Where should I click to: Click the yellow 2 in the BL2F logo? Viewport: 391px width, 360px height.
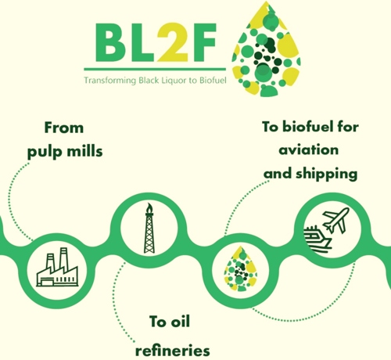[172, 42]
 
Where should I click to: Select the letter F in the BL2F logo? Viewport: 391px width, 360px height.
[203, 43]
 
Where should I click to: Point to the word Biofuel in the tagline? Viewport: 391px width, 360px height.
[213, 80]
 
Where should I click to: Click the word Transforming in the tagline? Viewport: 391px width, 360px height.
[110, 81]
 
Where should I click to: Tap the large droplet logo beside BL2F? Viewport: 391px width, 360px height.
[267, 49]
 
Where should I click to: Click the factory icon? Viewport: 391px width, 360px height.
[57, 267]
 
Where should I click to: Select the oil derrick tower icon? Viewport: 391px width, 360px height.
[149, 228]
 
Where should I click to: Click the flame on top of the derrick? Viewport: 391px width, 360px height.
[149, 207]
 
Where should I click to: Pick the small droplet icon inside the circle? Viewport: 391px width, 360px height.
[240, 268]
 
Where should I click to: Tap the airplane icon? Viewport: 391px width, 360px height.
[335, 220]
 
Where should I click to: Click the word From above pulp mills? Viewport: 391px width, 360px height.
[64, 128]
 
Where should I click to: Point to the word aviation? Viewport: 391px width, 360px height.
[309, 150]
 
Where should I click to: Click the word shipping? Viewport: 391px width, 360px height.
[327, 175]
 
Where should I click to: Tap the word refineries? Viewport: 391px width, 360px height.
[173, 351]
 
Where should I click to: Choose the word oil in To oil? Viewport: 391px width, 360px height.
[180, 322]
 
